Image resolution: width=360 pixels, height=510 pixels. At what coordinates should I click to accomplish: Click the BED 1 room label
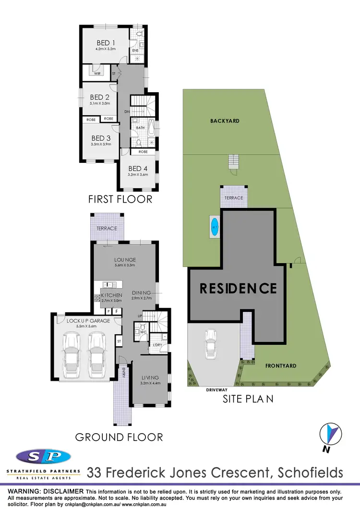click(106, 43)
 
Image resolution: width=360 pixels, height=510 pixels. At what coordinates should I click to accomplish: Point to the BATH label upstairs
click(140, 128)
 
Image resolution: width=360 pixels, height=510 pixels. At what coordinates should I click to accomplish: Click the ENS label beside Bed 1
click(135, 50)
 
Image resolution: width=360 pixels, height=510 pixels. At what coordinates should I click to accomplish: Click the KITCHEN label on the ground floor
click(111, 295)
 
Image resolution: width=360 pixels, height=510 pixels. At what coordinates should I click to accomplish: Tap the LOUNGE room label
click(125, 260)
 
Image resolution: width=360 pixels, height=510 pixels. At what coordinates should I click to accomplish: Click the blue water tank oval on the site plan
click(215, 226)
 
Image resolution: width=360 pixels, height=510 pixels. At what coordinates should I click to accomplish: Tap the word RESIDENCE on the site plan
click(238, 288)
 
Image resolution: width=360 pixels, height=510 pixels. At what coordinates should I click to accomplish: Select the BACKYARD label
click(225, 121)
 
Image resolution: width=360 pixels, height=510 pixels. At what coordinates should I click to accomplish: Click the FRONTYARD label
click(280, 365)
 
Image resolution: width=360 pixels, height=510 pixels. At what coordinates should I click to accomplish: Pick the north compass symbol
click(330, 434)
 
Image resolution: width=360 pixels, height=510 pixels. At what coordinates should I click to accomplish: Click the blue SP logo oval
click(43, 457)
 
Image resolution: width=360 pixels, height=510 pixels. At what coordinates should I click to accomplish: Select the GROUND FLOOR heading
click(119, 437)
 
